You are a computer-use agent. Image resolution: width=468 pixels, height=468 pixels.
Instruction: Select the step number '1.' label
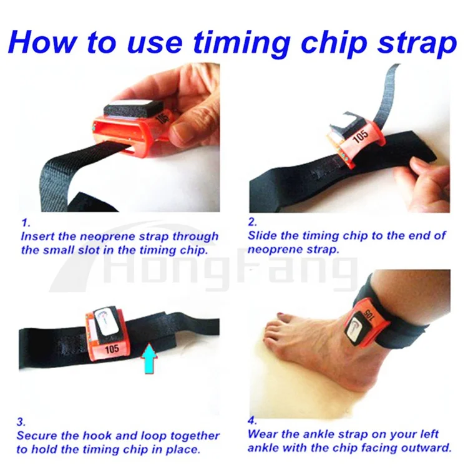tap(25, 222)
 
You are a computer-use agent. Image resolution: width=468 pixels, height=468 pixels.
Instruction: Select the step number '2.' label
tap(252, 222)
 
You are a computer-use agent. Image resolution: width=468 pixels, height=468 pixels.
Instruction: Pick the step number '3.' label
tap(21, 421)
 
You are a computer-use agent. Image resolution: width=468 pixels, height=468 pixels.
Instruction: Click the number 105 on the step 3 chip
tap(113, 348)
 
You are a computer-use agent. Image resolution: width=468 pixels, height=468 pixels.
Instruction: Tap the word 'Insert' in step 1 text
tap(40, 237)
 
